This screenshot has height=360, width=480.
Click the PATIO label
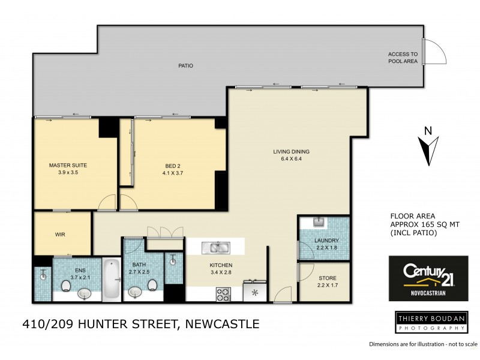tap(185, 65)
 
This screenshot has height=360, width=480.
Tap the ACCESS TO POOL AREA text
tap(403, 58)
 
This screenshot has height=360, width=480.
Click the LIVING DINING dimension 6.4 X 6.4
tap(291, 159)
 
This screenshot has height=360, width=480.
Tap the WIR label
tap(60, 235)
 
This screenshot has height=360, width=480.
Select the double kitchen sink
tap(215, 247)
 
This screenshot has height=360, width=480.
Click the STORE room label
tap(327, 278)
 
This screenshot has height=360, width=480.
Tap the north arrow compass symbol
tap(428, 147)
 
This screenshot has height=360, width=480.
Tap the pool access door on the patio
tap(433, 52)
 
